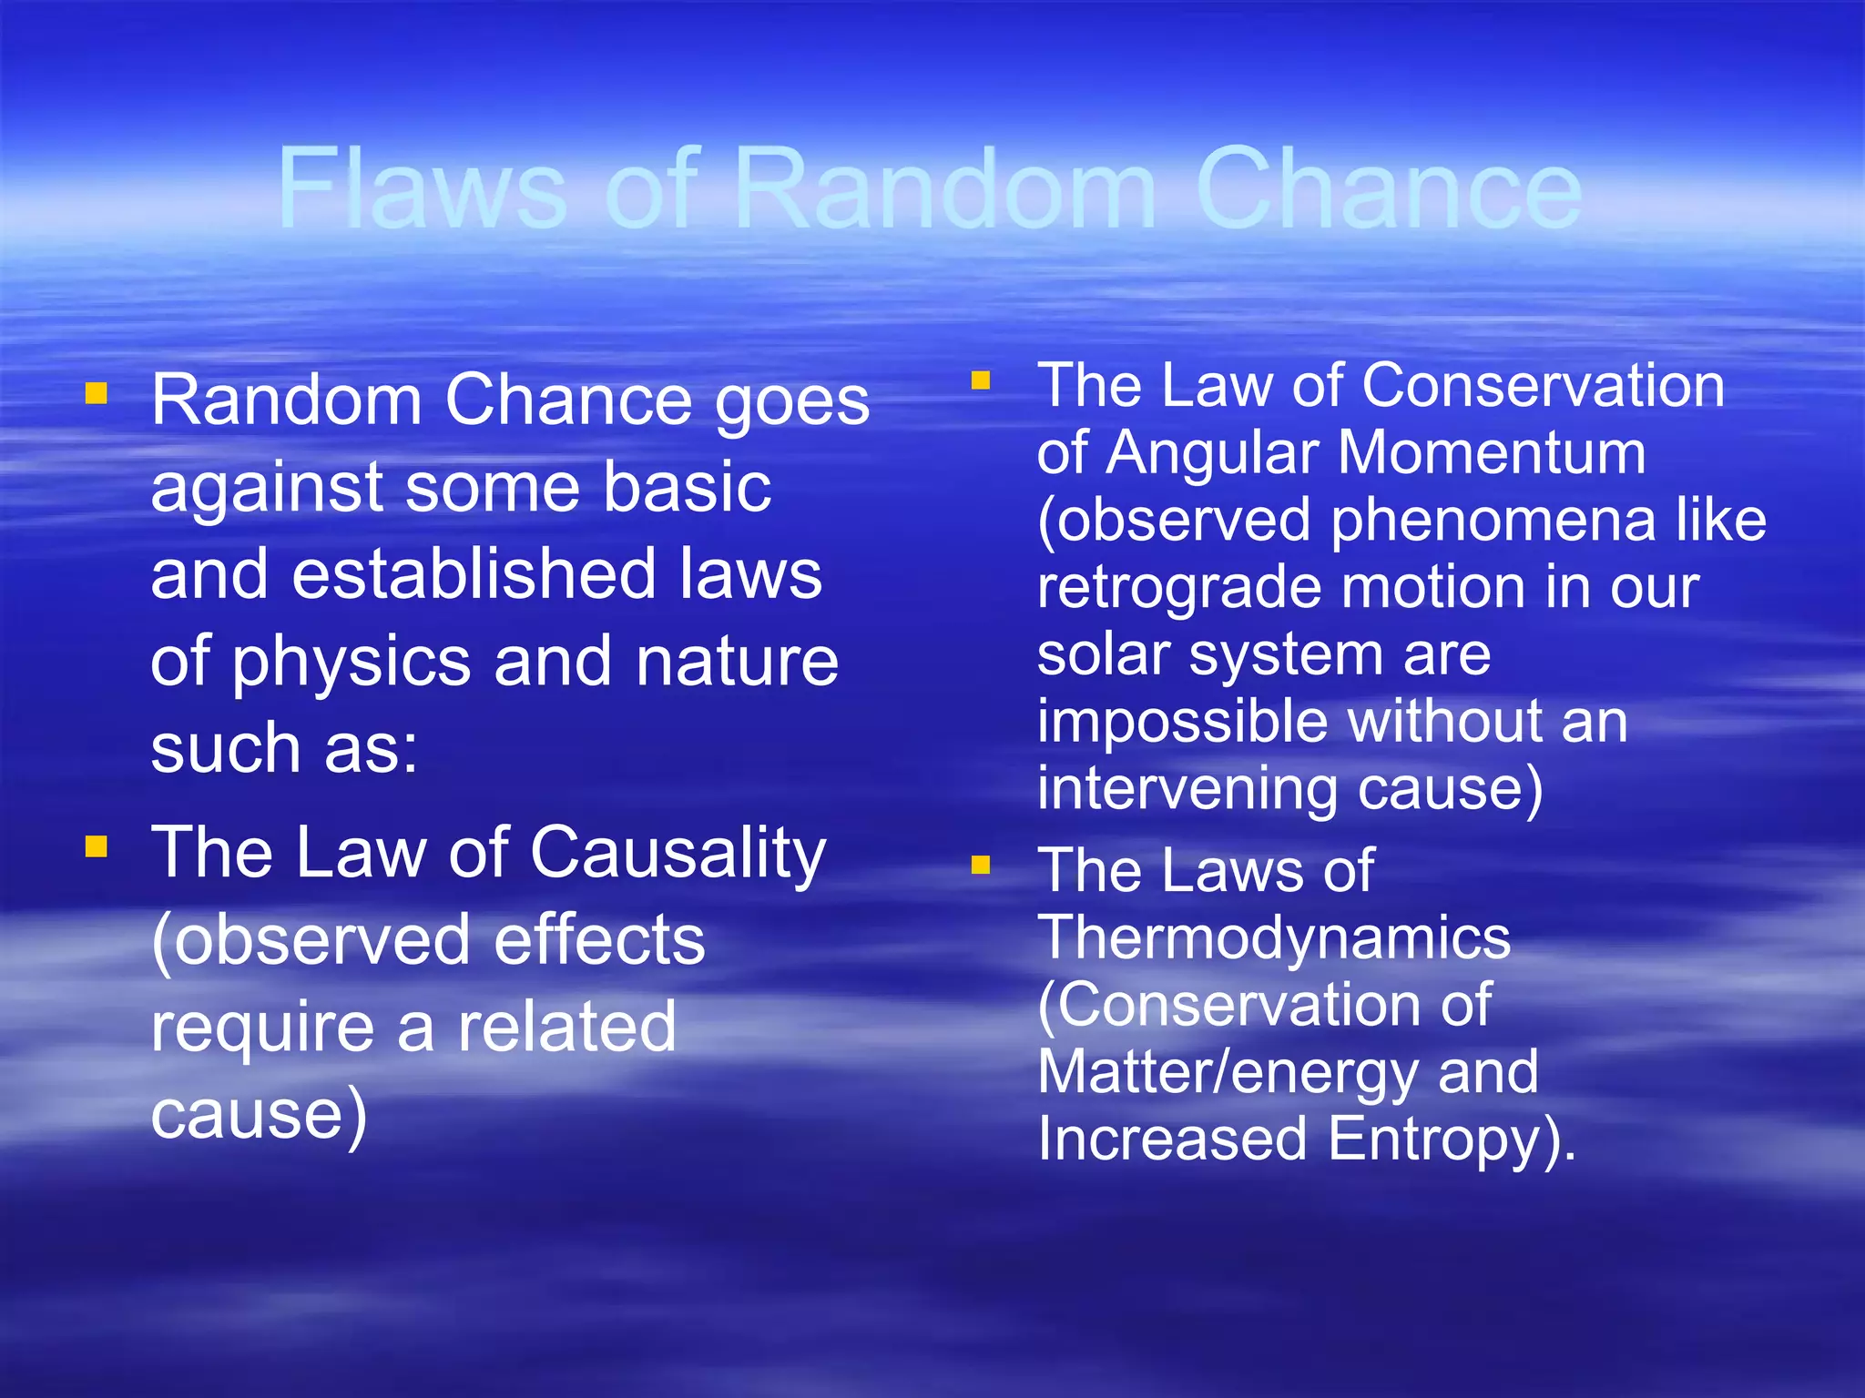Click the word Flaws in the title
tap(422, 189)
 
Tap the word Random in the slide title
tap(943, 189)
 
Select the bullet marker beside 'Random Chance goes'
tap(97, 393)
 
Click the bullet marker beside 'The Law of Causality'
tap(97, 847)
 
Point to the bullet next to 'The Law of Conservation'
tap(981, 380)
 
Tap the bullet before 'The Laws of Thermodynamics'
tap(981, 864)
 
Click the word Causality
tap(678, 854)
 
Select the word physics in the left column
tap(351, 663)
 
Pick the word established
tap(474, 575)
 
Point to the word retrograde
tap(1178, 588)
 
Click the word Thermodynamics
tap(1273, 937)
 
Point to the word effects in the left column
tap(599, 940)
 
